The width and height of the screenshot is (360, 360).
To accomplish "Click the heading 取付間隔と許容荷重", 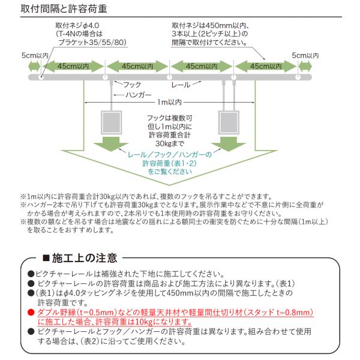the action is click(x=64, y=9).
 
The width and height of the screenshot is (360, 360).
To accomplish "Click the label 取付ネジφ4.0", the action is click(x=77, y=25).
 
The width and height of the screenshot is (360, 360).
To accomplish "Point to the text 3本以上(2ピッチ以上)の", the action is click(x=210, y=34).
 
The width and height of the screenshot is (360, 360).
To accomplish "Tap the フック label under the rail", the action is click(x=132, y=85).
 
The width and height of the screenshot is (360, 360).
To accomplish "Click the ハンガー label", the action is click(x=139, y=95).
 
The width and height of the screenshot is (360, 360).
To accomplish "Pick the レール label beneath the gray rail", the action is click(x=181, y=85).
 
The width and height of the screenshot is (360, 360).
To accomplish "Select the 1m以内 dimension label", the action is click(x=169, y=102).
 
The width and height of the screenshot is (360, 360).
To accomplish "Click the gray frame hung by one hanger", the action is click(x=112, y=122).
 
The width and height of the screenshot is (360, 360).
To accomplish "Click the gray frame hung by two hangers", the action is click(x=229, y=122).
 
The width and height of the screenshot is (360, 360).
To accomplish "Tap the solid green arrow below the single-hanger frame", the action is click(x=111, y=144).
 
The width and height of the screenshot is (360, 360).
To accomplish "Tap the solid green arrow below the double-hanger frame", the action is click(x=229, y=144).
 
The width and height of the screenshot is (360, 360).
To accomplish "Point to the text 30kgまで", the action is click(x=170, y=144).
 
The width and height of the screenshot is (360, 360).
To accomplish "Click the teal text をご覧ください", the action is click(x=170, y=172).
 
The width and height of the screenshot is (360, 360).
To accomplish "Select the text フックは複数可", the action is click(x=170, y=118).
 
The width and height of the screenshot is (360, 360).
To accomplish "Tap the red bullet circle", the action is click(x=31, y=313).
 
